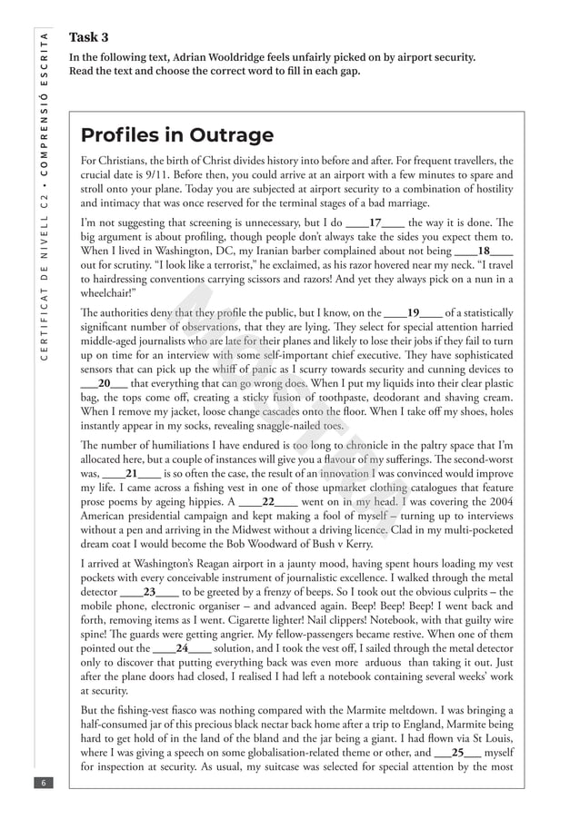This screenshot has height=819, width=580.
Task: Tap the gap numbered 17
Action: click(375, 222)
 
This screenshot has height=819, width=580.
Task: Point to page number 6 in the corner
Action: click(42, 783)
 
